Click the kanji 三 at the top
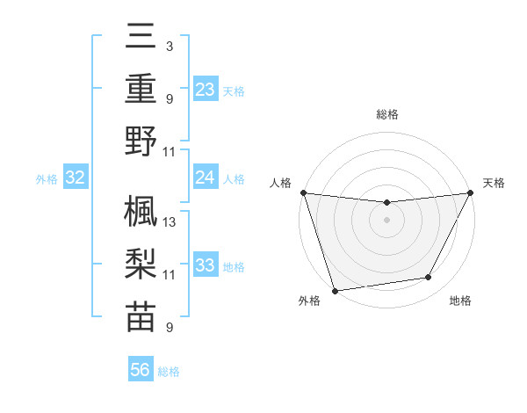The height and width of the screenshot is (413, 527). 141,38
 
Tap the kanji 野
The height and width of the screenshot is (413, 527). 141,141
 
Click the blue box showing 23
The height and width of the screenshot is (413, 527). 206,89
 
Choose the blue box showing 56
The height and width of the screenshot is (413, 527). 141,370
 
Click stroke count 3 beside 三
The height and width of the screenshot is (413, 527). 169,46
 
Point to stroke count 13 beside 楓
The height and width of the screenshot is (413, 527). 170,221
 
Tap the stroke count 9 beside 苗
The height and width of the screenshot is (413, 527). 169,328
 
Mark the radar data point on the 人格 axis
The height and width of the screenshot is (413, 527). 303,192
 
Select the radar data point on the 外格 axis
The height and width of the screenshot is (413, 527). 335,290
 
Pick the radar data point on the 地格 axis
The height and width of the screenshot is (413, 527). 429,278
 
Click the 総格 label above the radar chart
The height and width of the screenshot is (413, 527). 387,114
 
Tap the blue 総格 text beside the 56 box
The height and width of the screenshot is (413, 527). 169,372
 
